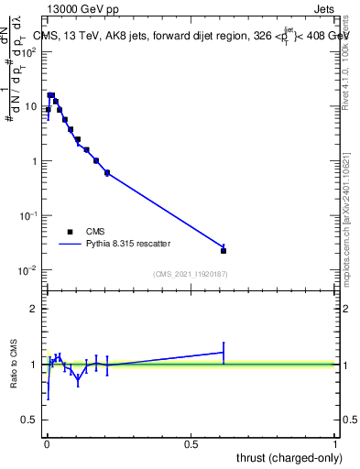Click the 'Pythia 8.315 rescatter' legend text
126,245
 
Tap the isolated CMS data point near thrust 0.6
224,250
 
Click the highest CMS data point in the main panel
51,95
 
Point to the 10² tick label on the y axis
29,51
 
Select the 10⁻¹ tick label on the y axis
29,215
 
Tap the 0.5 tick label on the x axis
191,443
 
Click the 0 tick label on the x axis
47,443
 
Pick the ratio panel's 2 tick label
33,309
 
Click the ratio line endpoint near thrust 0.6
224,353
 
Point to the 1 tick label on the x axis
336,443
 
